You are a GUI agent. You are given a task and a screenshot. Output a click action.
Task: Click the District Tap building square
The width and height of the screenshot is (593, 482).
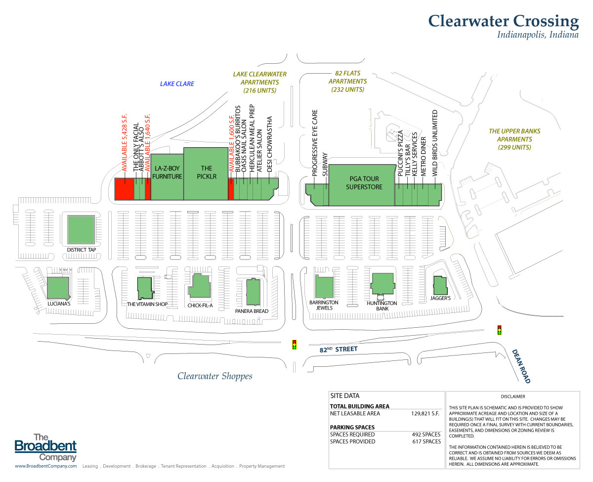(81, 230)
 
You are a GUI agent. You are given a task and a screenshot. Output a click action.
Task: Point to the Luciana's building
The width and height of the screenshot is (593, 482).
(58, 288)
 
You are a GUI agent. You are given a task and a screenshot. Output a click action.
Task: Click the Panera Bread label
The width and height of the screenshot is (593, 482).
(252, 311)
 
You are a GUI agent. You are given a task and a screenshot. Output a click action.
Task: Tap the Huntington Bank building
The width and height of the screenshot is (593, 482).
(382, 284)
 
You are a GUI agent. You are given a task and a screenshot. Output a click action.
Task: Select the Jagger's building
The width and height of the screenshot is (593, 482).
(440, 285)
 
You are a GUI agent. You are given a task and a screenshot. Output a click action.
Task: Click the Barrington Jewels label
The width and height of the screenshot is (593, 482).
(324, 305)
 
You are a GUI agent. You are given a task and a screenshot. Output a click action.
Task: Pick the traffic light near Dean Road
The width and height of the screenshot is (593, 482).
(499, 329)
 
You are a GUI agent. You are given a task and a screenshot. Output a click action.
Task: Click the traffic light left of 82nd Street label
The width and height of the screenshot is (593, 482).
(295, 345)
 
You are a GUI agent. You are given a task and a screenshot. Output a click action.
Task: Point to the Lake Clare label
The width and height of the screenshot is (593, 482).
(177, 84)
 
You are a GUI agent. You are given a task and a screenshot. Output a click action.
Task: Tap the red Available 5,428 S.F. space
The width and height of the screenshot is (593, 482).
(124, 189)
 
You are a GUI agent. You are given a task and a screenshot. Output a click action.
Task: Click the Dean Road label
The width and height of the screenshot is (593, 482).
(521, 366)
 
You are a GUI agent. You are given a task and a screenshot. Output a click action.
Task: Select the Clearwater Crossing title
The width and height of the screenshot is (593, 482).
(503, 21)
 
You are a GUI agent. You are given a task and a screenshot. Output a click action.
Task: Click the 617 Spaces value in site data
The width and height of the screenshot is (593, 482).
(425, 441)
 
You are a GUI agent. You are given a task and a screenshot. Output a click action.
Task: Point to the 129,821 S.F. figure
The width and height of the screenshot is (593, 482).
(425, 413)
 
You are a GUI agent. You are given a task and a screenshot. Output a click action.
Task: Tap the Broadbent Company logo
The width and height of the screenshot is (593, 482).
(45, 447)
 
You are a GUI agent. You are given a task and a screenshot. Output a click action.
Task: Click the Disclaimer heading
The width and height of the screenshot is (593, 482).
(512, 396)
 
